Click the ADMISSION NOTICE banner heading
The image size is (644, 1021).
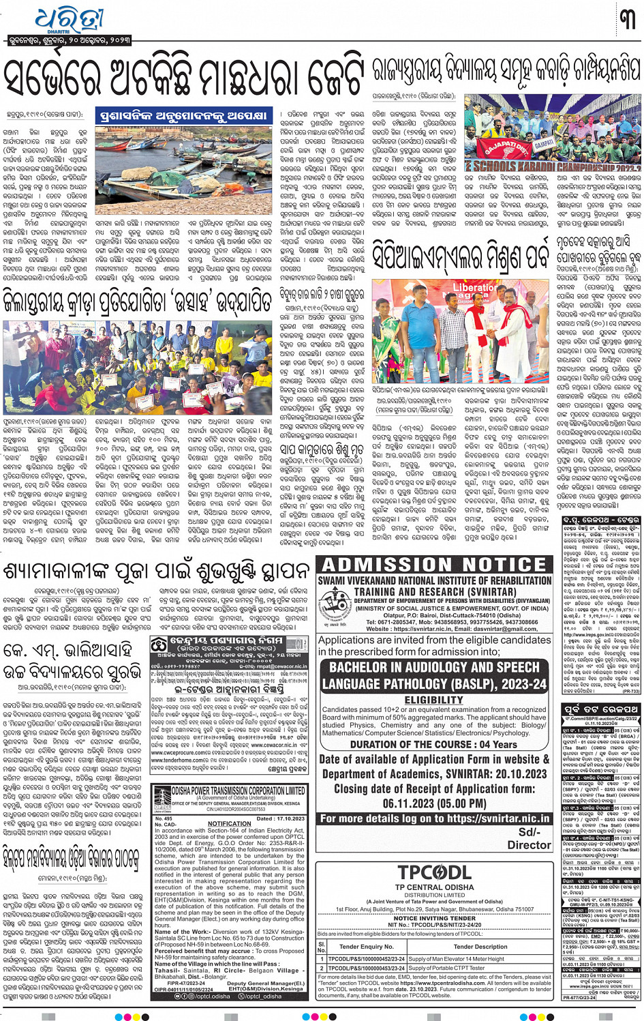click(x=434, y=565)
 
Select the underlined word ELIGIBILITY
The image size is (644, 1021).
click(x=434, y=700)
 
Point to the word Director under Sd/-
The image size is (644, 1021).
click(x=529, y=844)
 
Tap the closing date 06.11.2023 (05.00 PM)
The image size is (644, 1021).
click(x=434, y=803)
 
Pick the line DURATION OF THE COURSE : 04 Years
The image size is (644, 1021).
click(x=434, y=744)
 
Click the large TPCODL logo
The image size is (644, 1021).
click(x=434, y=872)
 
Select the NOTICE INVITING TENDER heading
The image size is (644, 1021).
click(x=434, y=918)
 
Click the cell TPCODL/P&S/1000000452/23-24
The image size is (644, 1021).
click(x=366, y=958)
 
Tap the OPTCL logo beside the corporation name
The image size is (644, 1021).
click(x=162, y=795)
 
